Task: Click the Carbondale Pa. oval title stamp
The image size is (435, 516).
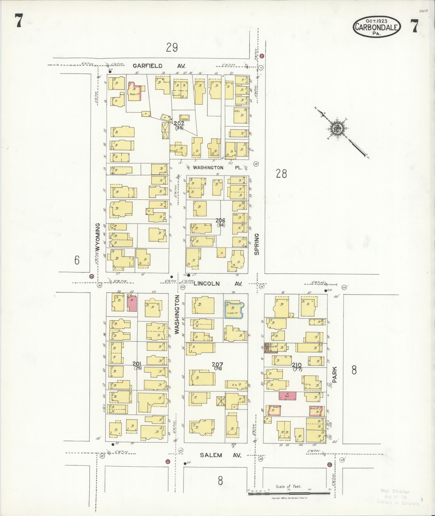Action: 377,27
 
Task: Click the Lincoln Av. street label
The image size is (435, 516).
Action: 218,284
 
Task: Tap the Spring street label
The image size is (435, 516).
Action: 257,244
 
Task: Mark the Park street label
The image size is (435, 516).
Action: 335,374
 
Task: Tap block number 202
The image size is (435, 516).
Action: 179,123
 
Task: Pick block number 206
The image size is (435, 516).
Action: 221,221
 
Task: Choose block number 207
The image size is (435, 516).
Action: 217,364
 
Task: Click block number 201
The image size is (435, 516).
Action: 138,364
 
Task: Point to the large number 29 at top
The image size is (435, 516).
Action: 172,48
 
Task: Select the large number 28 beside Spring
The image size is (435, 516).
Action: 281,173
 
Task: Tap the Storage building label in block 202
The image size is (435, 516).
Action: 184,118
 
